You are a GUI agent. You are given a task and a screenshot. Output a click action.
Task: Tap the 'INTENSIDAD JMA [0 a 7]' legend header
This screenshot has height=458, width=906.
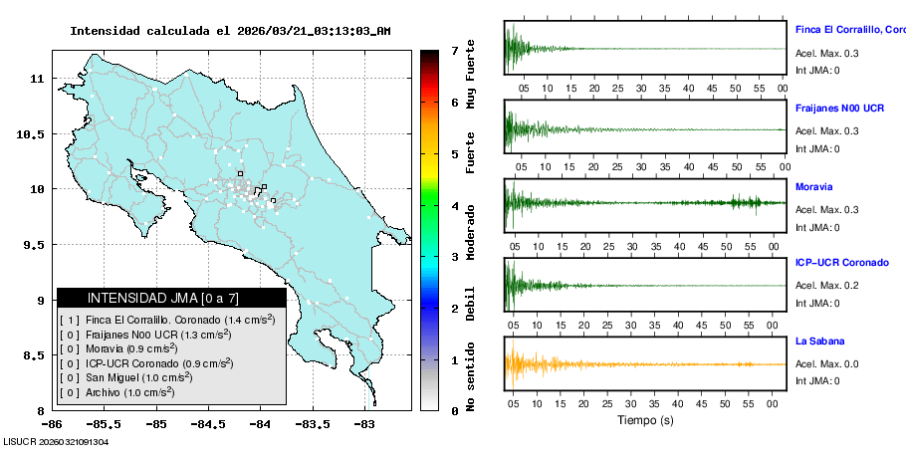[171, 298]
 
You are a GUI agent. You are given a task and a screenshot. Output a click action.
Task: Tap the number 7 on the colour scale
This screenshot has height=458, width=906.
[455, 50]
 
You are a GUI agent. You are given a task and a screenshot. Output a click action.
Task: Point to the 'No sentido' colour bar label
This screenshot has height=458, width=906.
[471, 376]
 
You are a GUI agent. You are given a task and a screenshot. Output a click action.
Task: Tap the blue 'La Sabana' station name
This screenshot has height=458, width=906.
[819, 341]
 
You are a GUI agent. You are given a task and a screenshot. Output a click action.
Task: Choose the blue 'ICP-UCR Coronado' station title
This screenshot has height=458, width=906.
[841, 263]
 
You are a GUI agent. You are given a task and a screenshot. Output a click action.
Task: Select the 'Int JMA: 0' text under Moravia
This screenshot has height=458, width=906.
[817, 227]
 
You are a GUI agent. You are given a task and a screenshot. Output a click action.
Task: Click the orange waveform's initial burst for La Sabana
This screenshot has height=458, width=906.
[516, 364]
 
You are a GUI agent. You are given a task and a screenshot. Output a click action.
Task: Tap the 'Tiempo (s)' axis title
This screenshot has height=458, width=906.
[644, 420]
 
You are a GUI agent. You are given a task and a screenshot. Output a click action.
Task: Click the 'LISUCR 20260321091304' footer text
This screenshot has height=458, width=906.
[56, 441]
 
